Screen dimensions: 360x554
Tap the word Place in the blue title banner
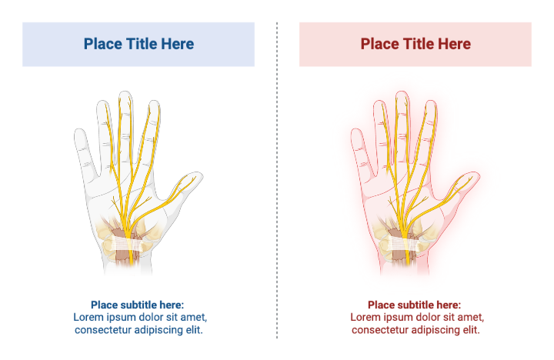[102, 44]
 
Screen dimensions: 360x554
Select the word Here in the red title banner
[454, 44]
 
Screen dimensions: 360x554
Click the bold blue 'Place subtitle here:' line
[138, 305]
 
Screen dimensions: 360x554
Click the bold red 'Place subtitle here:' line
[415, 305]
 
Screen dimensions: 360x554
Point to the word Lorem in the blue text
[88, 317]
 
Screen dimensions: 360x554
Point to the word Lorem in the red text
[365, 317]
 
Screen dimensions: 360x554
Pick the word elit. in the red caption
[469, 329]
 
